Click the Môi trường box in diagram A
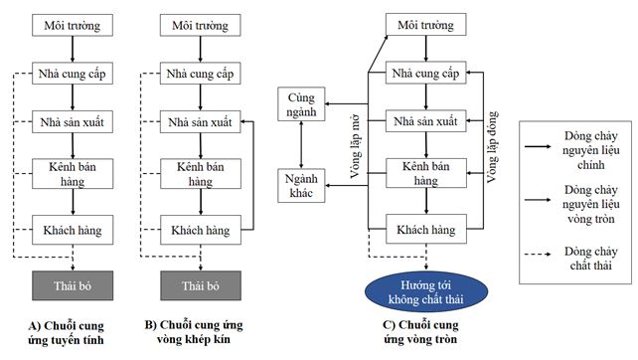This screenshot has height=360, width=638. pyautogui.click(x=73, y=25)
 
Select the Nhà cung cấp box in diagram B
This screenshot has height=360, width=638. pyautogui.click(x=200, y=74)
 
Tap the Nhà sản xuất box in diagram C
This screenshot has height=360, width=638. pyautogui.click(x=426, y=121)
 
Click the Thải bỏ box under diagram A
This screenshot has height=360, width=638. pyautogui.click(x=73, y=285)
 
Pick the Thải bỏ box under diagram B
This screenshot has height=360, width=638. pyautogui.click(x=201, y=285)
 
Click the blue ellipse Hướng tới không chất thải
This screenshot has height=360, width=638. pyautogui.click(x=426, y=292)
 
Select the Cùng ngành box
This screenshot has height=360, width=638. pyautogui.click(x=301, y=103)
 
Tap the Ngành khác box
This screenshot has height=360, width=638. pyautogui.click(x=301, y=186)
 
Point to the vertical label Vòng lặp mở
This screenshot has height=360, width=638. pyautogui.click(x=355, y=146)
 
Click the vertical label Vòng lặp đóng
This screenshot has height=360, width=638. pyautogui.click(x=492, y=146)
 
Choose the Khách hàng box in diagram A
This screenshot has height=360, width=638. pyautogui.click(x=73, y=230)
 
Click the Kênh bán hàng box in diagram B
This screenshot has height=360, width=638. pyautogui.click(x=201, y=174)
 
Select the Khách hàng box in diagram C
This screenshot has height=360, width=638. pyautogui.click(x=426, y=230)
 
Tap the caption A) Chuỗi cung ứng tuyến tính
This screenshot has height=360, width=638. pyautogui.click(x=66, y=333)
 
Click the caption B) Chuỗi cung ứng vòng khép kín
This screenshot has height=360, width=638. pyautogui.click(x=194, y=332)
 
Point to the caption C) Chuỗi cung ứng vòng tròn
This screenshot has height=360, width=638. pyautogui.click(x=420, y=332)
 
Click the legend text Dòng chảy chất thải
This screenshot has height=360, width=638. pyautogui.click(x=591, y=259)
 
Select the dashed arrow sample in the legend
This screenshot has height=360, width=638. pyautogui.click(x=538, y=255)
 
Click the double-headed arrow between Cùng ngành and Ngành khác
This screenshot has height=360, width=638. pyautogui.click(x=301, y=145)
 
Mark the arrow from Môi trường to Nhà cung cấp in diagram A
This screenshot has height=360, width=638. pyautogui.click(x=73, y=49)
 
